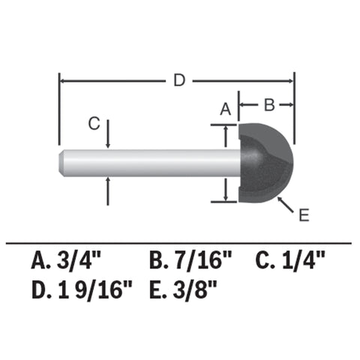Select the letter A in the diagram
(x=224, y=109)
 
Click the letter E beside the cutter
(x=303, y=216)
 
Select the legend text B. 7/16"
(x=190, y=261)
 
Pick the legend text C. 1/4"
(x=292, y=261)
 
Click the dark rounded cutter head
(x=266, y=161)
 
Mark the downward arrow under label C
(x=109, y=142)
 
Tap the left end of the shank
(x=63, y=163)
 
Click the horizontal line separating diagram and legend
(x=179, y=244)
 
